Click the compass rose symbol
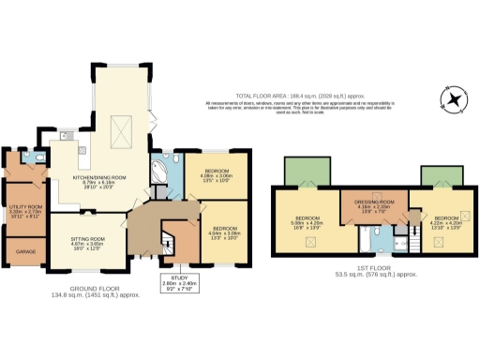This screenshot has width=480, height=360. [456, 99]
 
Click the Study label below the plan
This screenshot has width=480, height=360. [176, 281]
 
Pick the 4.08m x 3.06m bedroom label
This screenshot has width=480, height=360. [216, 174]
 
